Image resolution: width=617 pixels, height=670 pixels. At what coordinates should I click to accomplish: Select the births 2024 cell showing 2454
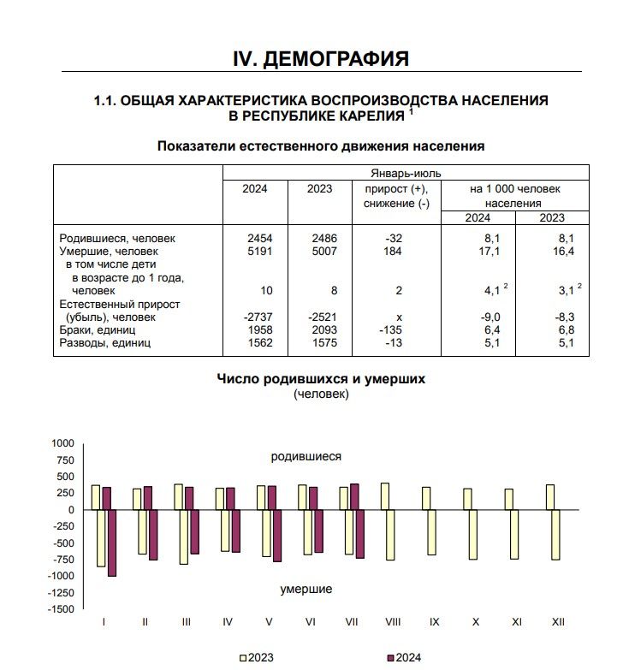[255, 239]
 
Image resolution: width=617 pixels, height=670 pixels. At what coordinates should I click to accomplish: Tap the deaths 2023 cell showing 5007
[320, 252]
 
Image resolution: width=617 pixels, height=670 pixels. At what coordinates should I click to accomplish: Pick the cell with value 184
[395, 252]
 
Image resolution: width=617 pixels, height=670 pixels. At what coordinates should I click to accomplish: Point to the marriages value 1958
[255, 329]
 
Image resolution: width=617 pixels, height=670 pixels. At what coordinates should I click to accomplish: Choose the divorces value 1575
[320, 342]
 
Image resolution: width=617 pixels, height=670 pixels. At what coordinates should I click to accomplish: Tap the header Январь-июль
[406, 173]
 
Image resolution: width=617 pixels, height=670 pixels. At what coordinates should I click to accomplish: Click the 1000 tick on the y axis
[63, 443]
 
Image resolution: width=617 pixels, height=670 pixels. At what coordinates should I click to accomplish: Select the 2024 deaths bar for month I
[111, 543]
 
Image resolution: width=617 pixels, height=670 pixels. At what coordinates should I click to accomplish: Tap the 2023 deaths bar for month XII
[555, 535]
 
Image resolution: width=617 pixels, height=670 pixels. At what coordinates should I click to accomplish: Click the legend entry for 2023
[257, 658]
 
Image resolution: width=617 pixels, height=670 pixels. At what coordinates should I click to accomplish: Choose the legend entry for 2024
[405, 658]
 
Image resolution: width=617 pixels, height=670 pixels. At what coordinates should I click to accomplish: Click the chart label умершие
[306, 589]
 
